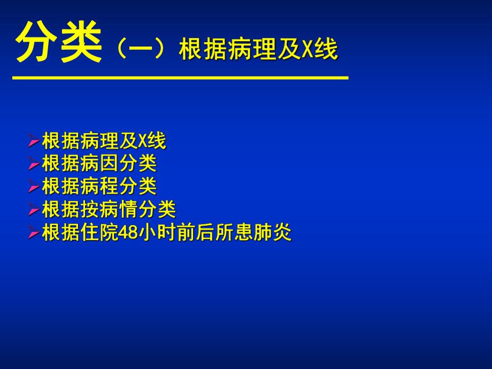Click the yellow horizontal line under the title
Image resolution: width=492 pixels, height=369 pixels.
(180, 78)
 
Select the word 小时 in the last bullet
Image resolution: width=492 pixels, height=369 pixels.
(158, 233)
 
